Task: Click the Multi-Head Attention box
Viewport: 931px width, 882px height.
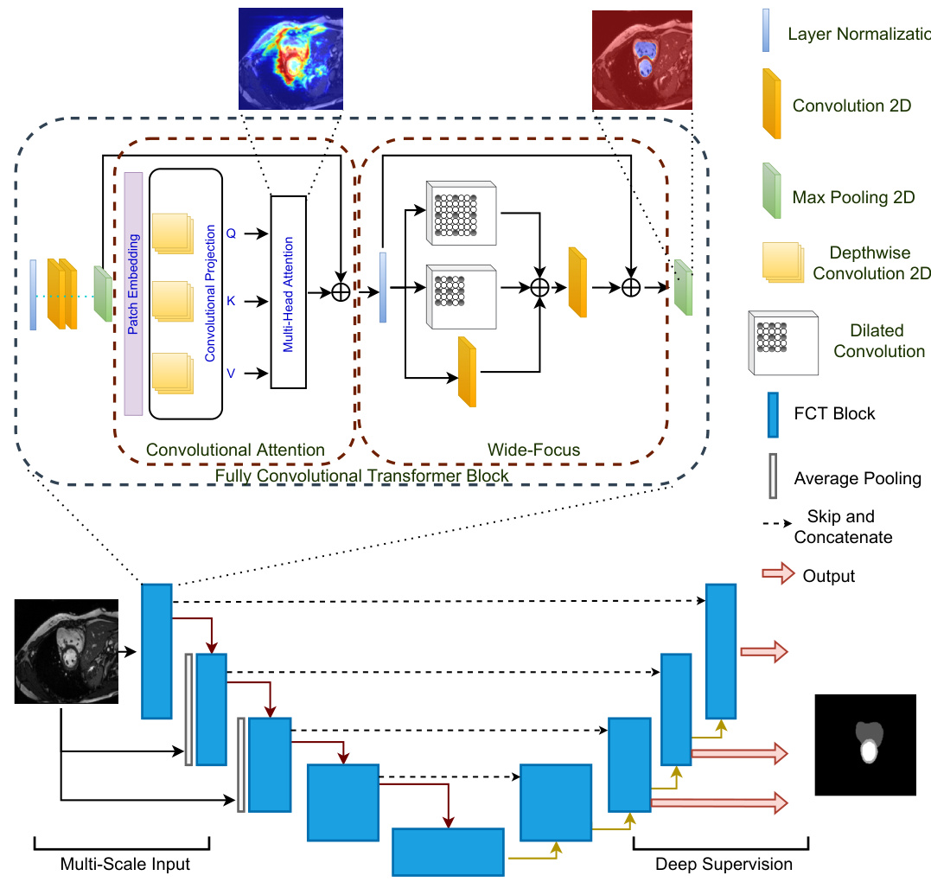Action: [289, 291]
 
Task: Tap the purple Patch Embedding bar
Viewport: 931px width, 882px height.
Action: [133, 294]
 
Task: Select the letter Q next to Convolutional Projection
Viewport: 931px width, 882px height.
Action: [231, 233]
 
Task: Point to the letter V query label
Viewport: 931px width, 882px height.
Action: [231, 373]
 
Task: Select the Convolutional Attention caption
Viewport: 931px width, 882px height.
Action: [235, 450]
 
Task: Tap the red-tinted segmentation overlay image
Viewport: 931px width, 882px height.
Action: [642, 61]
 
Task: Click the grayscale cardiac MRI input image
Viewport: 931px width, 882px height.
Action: [67, 650]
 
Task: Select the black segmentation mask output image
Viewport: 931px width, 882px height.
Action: [864, 745]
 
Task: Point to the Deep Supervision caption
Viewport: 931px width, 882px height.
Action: [723, 863]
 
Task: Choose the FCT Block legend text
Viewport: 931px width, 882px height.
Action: [834, 413]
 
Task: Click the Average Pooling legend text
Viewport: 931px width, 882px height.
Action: [857, 478]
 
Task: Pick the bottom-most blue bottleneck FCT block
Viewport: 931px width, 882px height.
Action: [448, 853]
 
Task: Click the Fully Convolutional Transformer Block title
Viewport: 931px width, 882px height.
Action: [361, 476]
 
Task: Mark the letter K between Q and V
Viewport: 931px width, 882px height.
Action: [231, 302]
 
